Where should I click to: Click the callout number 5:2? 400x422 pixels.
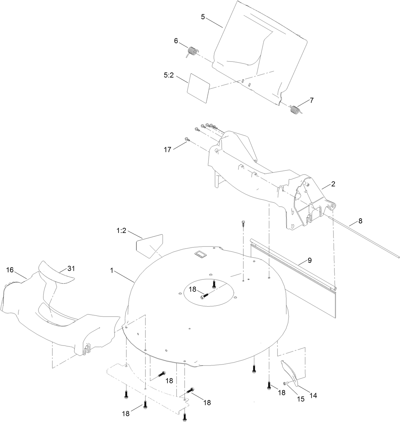[169, 76]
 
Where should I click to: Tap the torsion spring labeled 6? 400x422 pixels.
[192, 51]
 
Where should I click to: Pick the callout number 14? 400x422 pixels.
[313, 396]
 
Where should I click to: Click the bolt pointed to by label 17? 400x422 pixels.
[187, 139]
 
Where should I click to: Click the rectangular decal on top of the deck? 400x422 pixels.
[201, 252]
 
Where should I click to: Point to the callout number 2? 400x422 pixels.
[333, 184]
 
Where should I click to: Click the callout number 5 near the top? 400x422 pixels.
[203, 17]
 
